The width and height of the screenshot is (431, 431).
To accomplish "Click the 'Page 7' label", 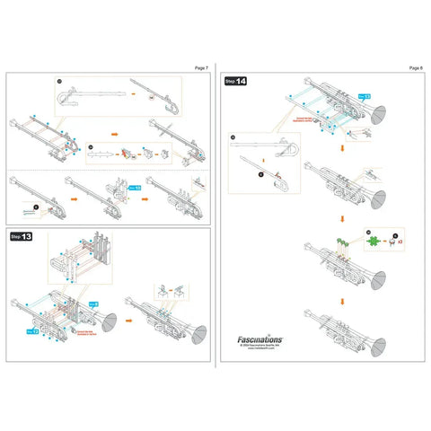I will point(201,67).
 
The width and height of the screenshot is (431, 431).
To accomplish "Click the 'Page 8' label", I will point(415,67).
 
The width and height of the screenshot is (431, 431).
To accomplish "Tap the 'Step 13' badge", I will point(22,236).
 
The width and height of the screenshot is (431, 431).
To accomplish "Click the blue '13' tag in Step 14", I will point(363,93).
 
